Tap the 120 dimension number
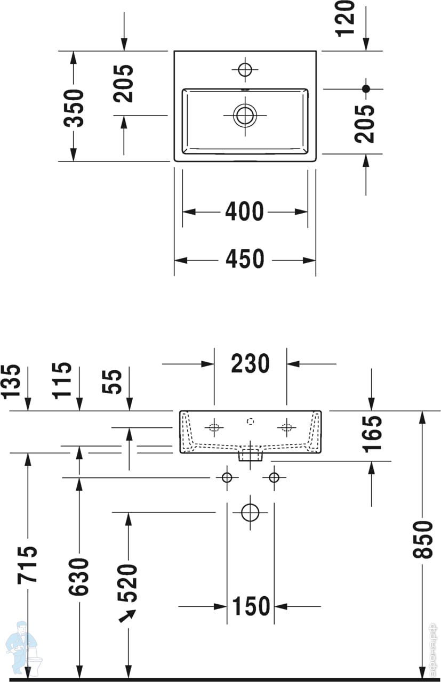346,17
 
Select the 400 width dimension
244,212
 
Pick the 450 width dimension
244,259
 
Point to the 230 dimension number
250,364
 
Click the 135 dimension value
12,381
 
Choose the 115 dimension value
62,380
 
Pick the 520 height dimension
128,582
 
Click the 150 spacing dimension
251,606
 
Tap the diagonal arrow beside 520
126,616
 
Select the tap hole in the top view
245,69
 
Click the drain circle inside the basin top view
245,115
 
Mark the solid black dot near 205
366,88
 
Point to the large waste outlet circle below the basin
250,513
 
